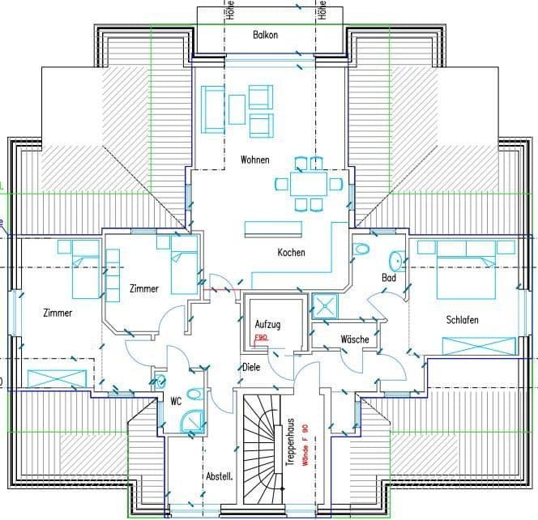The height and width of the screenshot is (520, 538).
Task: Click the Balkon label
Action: pyautogui.click(x=265, y=36)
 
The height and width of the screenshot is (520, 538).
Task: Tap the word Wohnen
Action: pyautogui.click(x=255, y=160)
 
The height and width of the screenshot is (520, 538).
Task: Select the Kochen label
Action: pyautogui.click(x=291, y=253)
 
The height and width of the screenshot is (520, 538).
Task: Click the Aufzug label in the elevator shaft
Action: pyautogui.click(x=267, y=324)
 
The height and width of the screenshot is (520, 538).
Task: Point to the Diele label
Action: pyautogui.click(x=251, y=368)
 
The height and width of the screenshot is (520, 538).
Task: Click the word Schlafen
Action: pyautogui.click(x=462, y=320)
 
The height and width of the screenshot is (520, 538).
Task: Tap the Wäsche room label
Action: pyautogui.click(x=355, y=339)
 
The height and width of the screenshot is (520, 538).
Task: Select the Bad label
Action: pyautogui.click(x=389, y=279)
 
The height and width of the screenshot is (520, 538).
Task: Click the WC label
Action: pyautogui.click(x=175, y=401)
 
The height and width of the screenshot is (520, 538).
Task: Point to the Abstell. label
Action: pyautogui.click(x=219, y=477)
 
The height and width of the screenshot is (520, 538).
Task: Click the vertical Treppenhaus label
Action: pyautogui.click(x=289, y=441)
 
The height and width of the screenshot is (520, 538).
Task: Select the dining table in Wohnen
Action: pyautogui.click(x=309, y=184)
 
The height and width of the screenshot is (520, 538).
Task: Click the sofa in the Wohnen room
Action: pyautogui.click(x=213, y=109)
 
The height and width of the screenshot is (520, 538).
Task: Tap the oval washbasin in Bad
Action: pyautogui.click(x=396, y=260)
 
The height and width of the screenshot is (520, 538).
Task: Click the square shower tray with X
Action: pyautogui.click(x=326, y=306)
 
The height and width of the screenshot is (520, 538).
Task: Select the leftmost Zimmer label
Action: pyautogui.click(x=58, y=313)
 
